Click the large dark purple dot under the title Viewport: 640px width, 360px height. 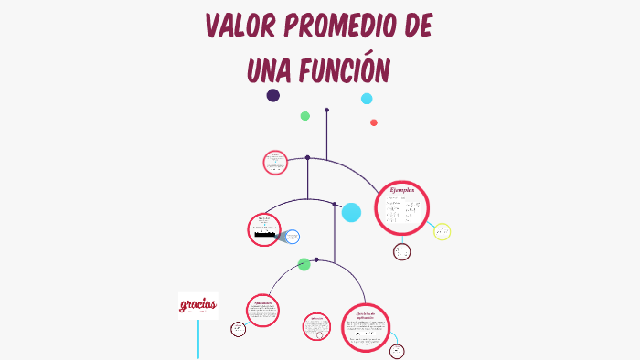click(272, 95)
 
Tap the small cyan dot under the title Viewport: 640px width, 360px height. click(367, 99)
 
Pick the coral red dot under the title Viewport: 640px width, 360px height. click(374, 122)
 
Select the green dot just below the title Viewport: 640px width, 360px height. click(305, 116)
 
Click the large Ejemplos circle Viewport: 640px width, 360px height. click(402, 207)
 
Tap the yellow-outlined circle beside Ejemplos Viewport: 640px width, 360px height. click(442, 232)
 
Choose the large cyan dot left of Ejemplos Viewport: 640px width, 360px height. click(351, 213)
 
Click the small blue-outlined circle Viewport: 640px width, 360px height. click(292, 238)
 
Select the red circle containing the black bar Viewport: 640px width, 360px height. click(264, 229)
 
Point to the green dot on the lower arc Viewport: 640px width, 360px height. click(304, 264)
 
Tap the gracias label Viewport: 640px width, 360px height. click(197, 304)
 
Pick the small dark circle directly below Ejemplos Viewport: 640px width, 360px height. click(402, 252)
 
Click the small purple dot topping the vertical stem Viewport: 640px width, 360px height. click(326, 110)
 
